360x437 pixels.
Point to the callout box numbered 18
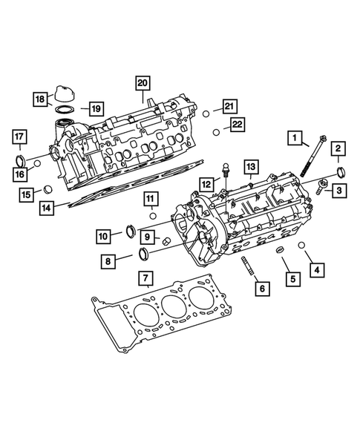pyautogui.click(x=42, y=99)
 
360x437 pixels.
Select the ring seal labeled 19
pyautogui.click(x=65, y=112)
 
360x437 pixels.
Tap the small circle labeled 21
pyautogui.click(x=206, y=113)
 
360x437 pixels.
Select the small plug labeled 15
pyautogui.click(x=47, y=188)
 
